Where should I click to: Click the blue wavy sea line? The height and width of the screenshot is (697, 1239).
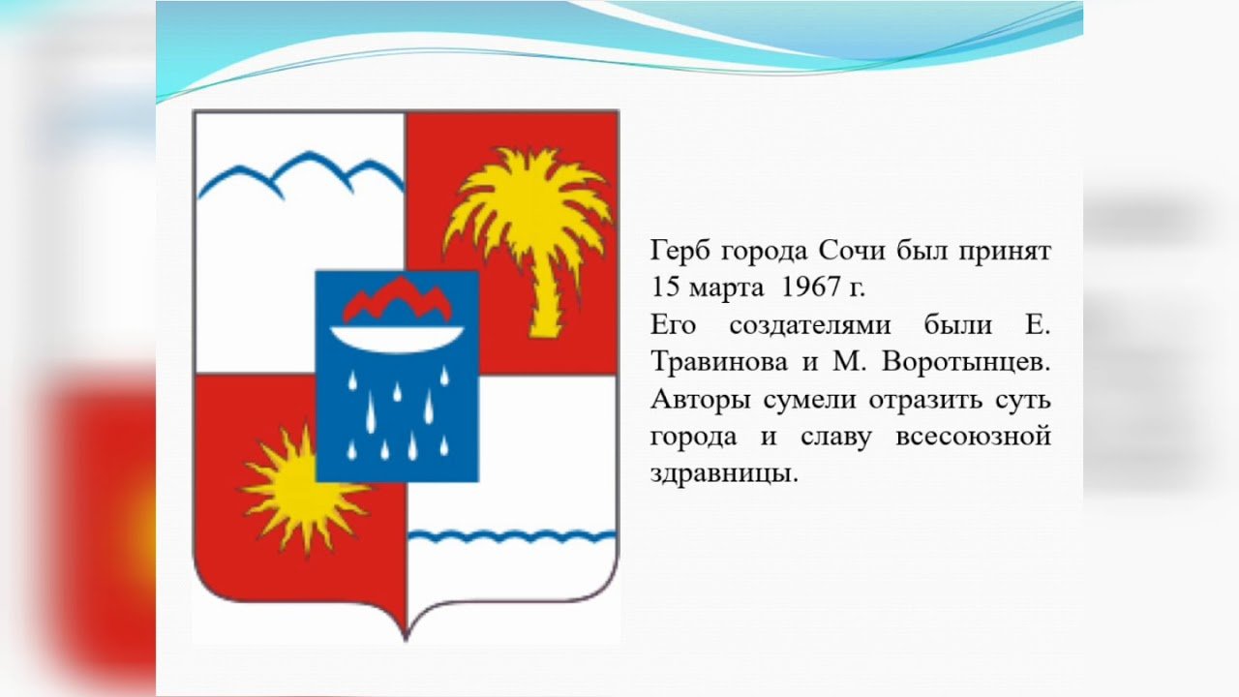(512, 536)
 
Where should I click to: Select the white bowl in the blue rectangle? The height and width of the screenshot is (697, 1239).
(397, 339)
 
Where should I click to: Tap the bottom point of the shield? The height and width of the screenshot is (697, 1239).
(406, 641)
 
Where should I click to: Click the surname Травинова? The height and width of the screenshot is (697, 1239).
(719, 363)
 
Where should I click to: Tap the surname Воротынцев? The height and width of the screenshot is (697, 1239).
(966, 363)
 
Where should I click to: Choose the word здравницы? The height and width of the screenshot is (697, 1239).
(724, 474)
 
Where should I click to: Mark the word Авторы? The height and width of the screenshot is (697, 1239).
(700, 401)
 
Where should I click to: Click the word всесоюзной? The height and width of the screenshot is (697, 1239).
(973, 437)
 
